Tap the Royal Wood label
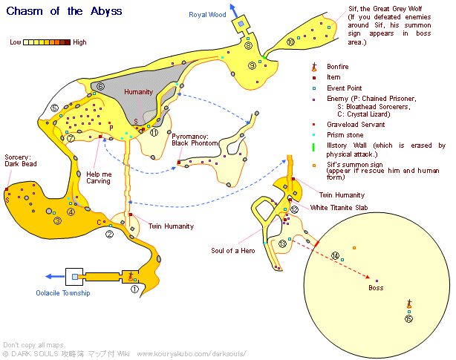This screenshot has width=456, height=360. click(x=207, y=15)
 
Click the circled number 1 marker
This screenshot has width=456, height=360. click(x=134, y=289)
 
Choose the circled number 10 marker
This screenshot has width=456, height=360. click(x=290, y=43)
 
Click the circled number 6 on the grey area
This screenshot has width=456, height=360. click(x=100, y=87)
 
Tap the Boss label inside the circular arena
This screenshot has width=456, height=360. click(x=377, y=287)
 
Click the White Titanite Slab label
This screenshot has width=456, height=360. click(x=339, y=208)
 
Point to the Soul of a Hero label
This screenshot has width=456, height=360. click(x=233, y=251)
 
